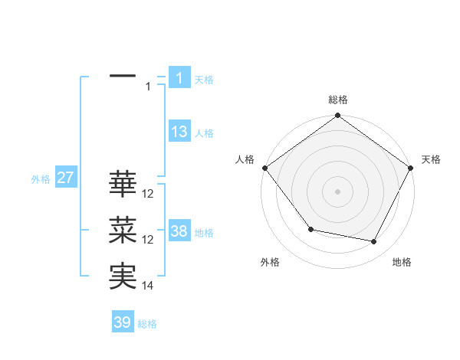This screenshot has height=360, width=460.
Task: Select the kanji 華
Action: coord(123,184)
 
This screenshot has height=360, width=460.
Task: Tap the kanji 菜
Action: coord(123,231)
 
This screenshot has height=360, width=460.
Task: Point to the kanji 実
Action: coord(123,277)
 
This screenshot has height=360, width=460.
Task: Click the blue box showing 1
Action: coord(179,78)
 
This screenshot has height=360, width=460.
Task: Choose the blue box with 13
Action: coord(179,132)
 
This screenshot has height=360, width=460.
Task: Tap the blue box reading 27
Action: coord(65,178)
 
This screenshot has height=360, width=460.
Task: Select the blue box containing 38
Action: coord(179,231)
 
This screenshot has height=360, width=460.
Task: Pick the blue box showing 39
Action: coord(123,322)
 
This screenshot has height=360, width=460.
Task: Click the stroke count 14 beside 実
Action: coord(148,286)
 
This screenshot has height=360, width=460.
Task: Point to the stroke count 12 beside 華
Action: coord(148,194)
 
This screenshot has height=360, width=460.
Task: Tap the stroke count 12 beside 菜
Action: coord(148,240)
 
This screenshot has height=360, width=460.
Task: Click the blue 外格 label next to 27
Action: coord(41,179)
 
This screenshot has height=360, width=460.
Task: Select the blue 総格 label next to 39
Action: coord(147,324)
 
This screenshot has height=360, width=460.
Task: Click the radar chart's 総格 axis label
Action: coord(338,100)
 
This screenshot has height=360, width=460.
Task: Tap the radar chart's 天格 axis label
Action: coord(431,159)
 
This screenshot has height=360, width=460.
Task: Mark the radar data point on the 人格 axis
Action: coord(264,168)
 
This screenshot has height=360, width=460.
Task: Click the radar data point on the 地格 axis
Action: coord(374,242)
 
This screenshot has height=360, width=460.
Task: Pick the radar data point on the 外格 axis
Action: coord(310,229)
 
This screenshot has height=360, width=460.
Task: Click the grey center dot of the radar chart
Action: coord(338,191)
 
